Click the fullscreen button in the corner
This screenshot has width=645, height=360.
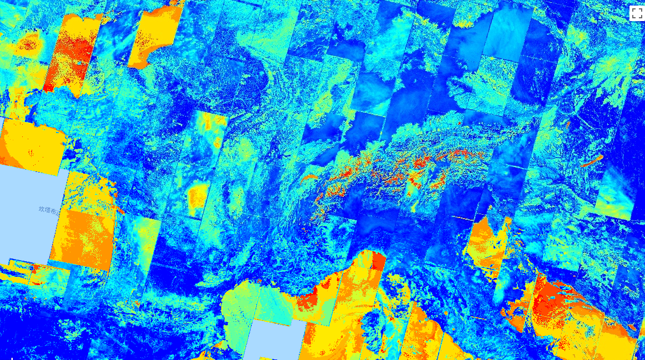click(x=636, y=13)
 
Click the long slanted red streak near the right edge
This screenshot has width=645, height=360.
click(x=592, y=161)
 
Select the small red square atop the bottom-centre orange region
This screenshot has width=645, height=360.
click(x=378, y=261)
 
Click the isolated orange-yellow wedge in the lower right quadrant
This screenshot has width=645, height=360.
click(x=485, y=244)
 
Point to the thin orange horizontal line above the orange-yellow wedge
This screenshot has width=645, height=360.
click(x=466, y=219)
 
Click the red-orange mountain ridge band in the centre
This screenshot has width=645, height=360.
click(x=388, y=169)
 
